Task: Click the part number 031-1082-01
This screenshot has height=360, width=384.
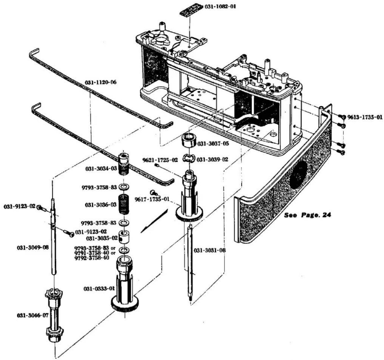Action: [x=220, y=6]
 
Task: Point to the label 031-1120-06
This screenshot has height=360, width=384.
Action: [x=101, y=82]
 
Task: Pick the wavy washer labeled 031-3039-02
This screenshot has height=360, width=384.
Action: [x=189, y=159]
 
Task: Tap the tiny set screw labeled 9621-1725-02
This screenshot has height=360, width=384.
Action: [x=157, y=165]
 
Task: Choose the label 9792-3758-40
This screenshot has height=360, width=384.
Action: [x=92, y=258]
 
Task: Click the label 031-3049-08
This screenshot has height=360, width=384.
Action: [x=33, y=248]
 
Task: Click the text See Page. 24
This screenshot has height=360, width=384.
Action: [x=307, y=215]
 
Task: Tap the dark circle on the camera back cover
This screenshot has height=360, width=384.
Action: [x=299, y=178]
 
